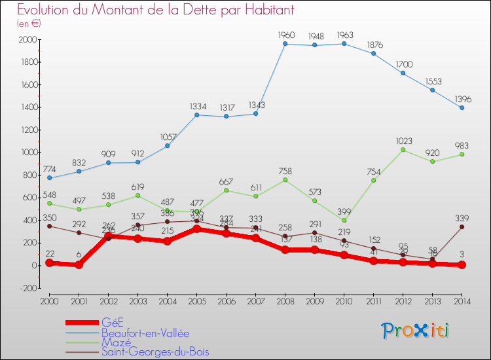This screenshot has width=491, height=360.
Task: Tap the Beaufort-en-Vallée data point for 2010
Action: (344, 44)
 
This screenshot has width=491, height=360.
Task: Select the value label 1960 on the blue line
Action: (285, 35)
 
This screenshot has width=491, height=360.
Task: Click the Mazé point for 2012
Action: (403, 150)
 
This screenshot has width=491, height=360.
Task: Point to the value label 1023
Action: (403, 140)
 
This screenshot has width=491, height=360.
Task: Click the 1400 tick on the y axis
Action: (27, 107)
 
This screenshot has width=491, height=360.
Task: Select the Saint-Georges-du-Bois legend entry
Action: (155, 351)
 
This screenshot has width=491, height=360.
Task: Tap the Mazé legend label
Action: (116, 342)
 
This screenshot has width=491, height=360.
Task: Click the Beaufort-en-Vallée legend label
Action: (146, 332)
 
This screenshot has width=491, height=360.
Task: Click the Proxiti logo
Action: (416, 331)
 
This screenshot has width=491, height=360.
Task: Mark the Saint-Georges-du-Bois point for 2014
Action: (462, 227)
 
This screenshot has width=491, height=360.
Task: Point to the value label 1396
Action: (462, 99)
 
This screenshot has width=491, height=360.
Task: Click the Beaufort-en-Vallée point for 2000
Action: (49, 178)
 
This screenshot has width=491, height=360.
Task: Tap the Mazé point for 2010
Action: (344, 221)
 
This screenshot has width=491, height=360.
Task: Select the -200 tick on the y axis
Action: (27, 288)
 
